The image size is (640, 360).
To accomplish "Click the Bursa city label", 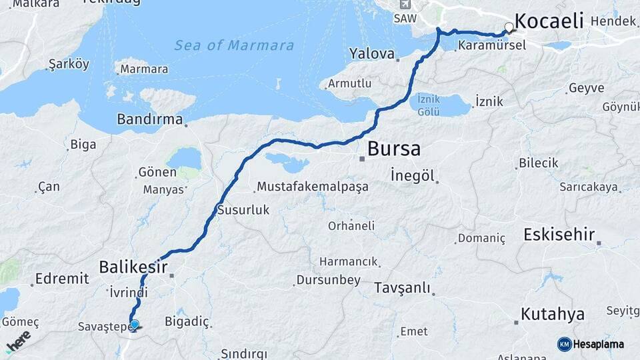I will click(393, 148).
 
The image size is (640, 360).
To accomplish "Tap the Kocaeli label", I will click(549, 21).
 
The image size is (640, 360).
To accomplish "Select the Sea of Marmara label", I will click(233, 45).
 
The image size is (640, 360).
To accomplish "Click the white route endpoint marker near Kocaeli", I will click(509, 27).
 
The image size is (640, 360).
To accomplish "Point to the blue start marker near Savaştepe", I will click(135, 325).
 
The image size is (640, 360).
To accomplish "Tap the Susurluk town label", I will click(243, 210).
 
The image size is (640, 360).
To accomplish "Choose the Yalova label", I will click(372, 53).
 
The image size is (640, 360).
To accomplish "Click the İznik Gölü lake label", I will click(428, 105).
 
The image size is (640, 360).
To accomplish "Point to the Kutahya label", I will click(553, 314).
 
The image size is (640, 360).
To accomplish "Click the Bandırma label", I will click(149, 119).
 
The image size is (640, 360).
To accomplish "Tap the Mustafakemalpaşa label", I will click(313, 186).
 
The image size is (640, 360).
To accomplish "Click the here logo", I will click(19, 341).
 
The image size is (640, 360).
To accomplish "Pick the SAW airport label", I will click(403, 19).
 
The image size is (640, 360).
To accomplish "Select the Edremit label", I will click(62, 278).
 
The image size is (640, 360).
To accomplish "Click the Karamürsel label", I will click(492, 45).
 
